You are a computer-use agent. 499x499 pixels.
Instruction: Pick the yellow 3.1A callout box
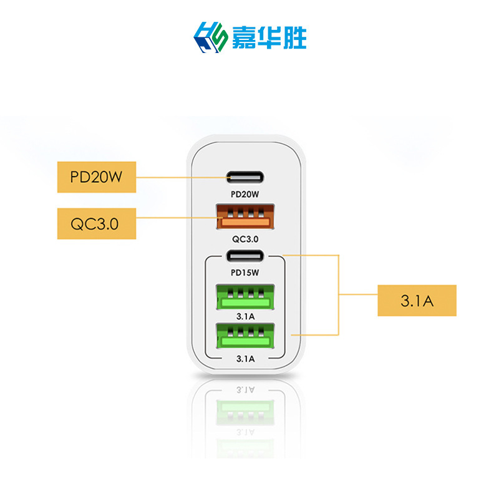(x=417, y=301)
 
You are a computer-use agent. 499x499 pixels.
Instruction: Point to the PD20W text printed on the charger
(x=245, y=194)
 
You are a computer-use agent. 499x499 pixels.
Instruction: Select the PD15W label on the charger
(x=245, y=273)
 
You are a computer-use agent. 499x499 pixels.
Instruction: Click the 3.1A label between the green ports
(x=245, y=316)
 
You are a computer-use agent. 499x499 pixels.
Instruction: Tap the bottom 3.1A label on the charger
(x=245, y=358)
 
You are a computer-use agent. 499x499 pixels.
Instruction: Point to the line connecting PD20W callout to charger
(x=181, y=177)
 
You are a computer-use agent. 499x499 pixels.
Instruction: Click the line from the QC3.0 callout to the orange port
(x=175, y=217)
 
